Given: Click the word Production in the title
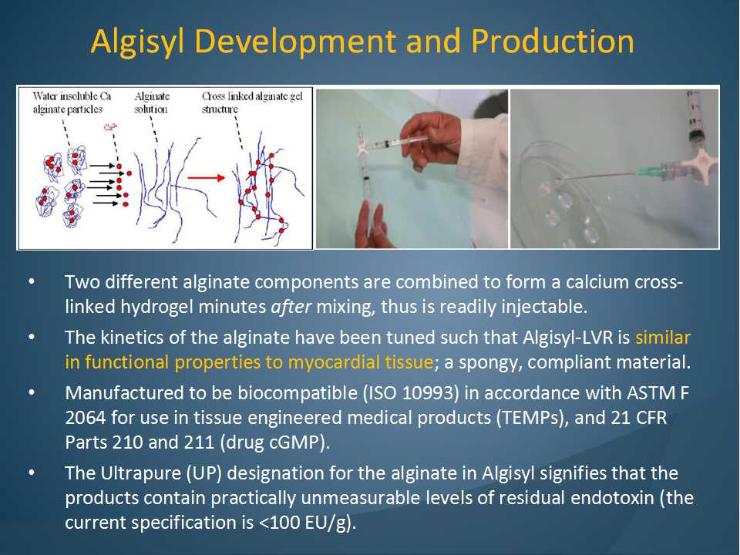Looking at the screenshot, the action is [x=553, y=41].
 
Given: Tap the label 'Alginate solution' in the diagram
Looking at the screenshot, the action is [x=151, y=103].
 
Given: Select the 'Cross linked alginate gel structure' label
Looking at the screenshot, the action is [x=252, y=103].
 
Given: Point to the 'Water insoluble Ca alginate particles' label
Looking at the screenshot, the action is [x=72, y=103].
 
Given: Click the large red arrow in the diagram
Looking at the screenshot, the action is [x=207, y=178].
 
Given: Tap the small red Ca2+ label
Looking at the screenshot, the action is [x=110, y=127].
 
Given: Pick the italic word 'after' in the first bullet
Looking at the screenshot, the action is [x=291, y=308].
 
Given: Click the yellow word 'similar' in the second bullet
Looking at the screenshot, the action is [x=663, y=338].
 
